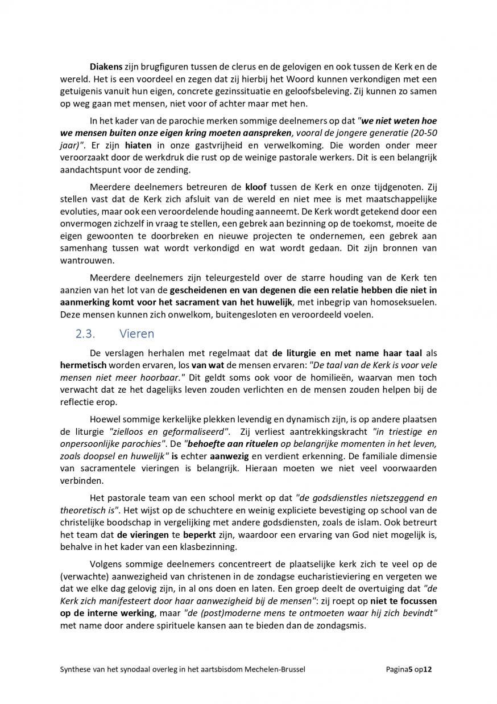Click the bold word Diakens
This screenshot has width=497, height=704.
click(106, 68)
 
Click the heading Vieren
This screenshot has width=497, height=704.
click(137, 334)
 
